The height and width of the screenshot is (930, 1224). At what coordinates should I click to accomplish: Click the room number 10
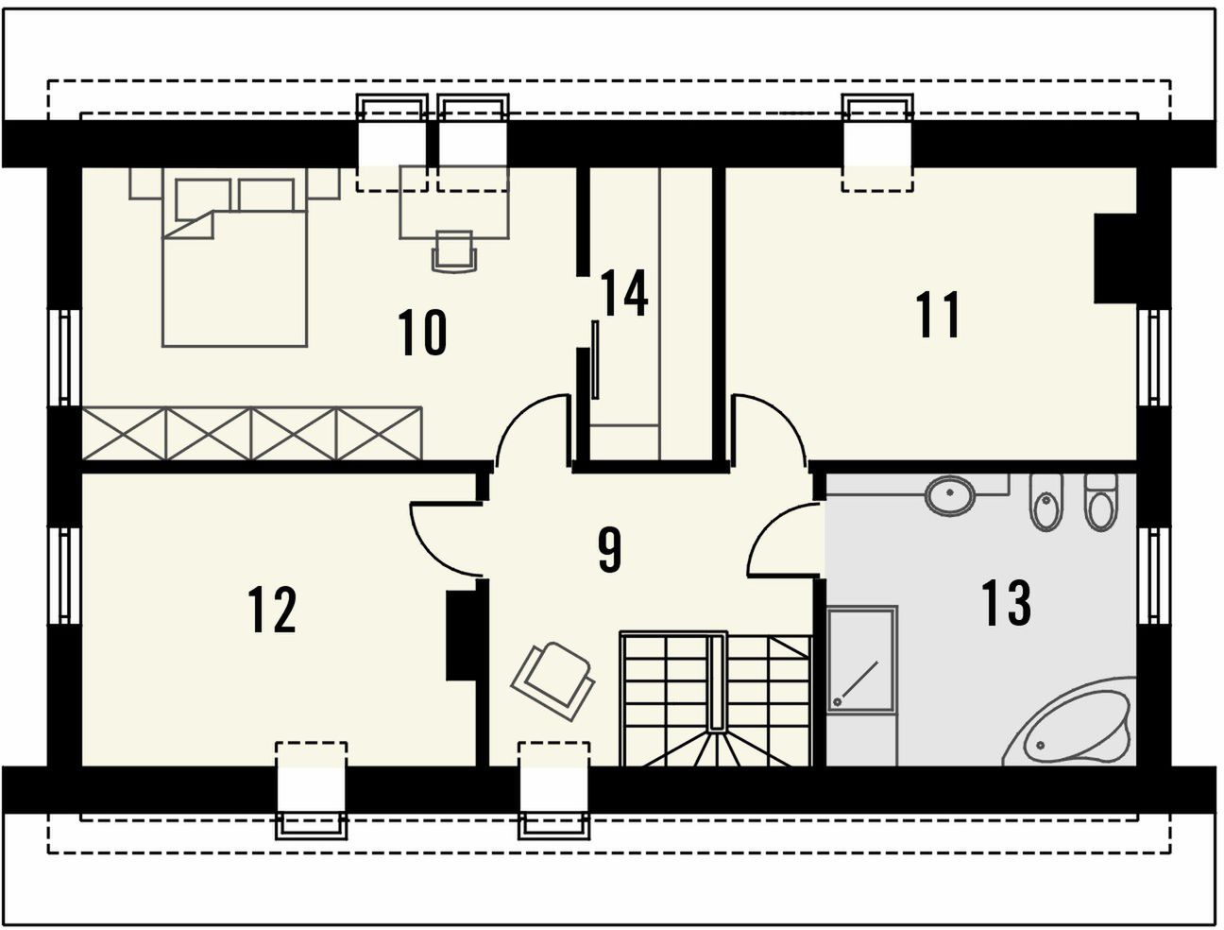[x=422, y=333]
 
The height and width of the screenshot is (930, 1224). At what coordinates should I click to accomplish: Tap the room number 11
[x=938, y=314]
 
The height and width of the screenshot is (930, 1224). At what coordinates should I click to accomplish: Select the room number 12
[x=272, y=610]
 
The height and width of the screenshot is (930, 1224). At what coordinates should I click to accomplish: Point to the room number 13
[x=1006, y=603]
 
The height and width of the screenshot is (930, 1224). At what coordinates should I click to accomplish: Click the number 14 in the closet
[x=624, y=293]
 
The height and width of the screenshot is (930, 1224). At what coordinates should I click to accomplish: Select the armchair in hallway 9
[x=552, y=681]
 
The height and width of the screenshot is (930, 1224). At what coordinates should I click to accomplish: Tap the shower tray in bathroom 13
[x=861, y=660]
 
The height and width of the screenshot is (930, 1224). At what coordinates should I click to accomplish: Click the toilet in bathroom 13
[x=1101, y=502]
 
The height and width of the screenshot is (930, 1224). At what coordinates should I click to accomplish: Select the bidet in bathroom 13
[x=1047, y=502]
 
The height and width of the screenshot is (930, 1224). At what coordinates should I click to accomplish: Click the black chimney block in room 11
[x=1115, y=258]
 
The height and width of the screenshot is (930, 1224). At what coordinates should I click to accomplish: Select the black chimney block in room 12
[x=461, y=636]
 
